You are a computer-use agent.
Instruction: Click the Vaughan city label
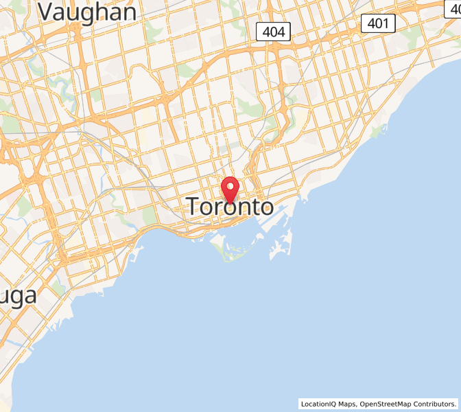coord(86,12)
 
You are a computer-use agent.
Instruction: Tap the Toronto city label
coord(229,207)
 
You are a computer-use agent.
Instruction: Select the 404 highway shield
coord(274,31)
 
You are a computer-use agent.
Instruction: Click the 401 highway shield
coord(378,23)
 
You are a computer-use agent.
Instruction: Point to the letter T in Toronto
coord(196,207)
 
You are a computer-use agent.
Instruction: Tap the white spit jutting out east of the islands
coord(281,247)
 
